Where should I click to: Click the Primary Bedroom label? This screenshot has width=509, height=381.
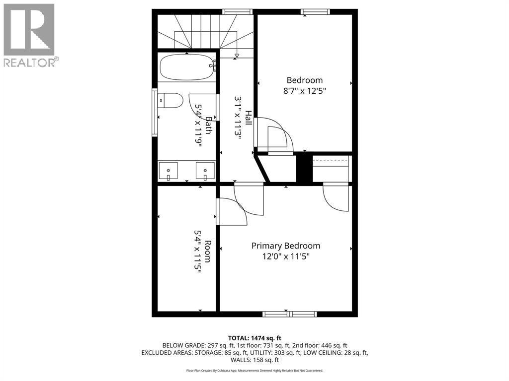285,246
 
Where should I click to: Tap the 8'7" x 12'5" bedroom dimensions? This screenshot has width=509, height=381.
304,91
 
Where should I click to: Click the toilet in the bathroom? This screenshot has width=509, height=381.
169,101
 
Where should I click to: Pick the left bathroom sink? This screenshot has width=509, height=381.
169,171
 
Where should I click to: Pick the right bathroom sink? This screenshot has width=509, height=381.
205,171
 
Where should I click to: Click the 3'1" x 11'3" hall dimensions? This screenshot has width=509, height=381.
238,118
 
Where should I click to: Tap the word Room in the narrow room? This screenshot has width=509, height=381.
208,251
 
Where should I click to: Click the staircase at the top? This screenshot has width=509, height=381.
205,31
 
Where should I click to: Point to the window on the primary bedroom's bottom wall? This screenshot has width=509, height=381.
290,314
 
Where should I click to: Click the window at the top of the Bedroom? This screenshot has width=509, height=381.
316,11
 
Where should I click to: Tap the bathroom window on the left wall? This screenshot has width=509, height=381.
155,112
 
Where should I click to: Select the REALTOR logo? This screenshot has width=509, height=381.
30,35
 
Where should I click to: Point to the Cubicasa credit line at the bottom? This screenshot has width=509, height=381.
254,371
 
